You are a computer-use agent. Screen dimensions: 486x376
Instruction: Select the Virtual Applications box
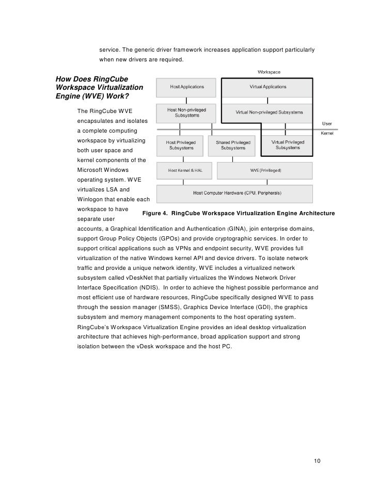[267, 87]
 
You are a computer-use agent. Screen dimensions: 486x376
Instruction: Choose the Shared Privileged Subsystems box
[233, 145]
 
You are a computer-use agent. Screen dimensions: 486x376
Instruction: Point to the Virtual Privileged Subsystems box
[288, 145]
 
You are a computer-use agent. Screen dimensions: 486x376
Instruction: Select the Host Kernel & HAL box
[185, 170]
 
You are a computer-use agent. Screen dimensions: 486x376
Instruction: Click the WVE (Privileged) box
[265, 170]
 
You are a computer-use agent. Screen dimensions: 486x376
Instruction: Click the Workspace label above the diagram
[269, 72]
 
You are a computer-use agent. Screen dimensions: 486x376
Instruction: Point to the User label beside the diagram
[327, 123]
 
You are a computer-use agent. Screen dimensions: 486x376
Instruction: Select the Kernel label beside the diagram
[327, 133]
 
